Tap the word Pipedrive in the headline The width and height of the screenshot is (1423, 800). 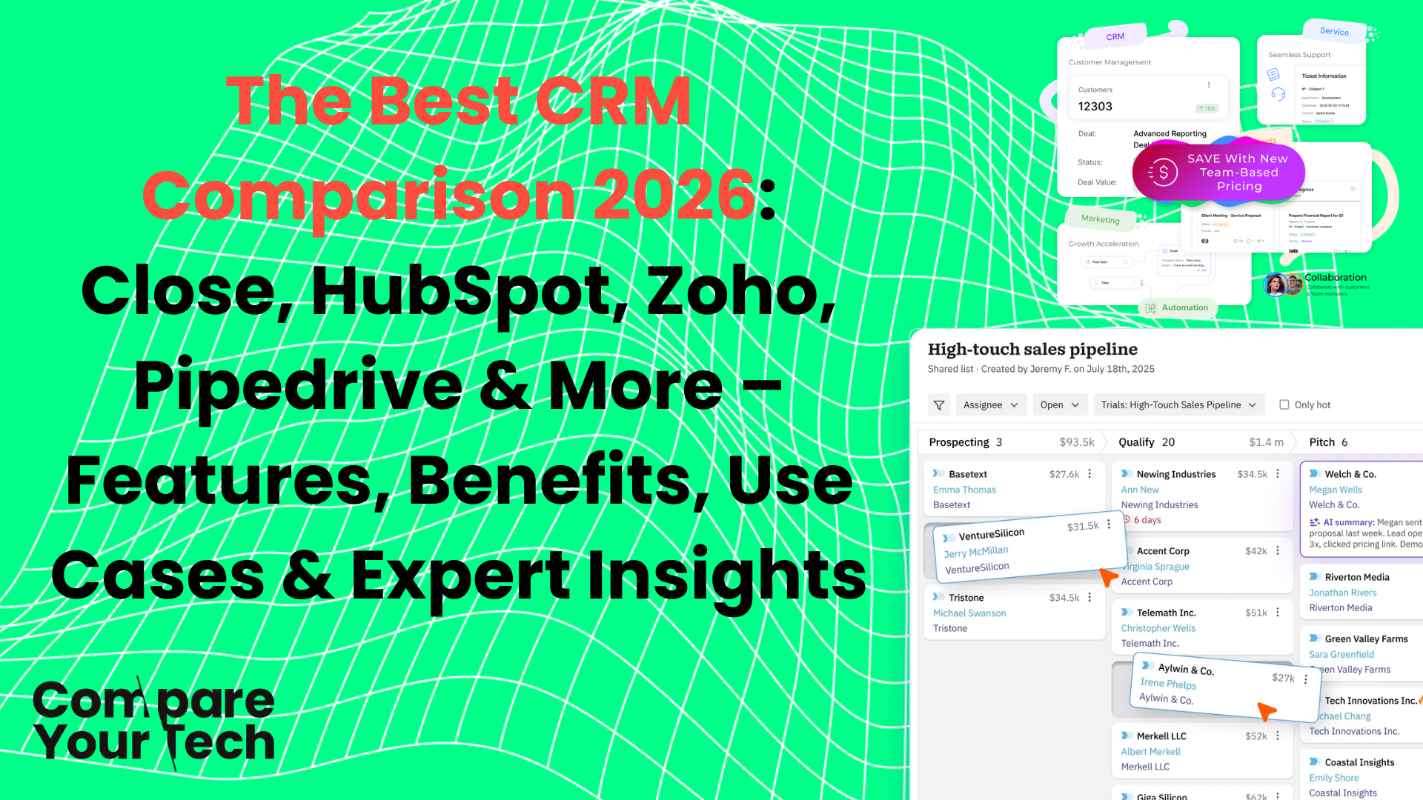(x=297, y=386)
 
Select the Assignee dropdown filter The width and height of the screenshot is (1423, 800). (x=990, y=405)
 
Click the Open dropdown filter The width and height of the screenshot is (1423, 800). (x=1059, y=405)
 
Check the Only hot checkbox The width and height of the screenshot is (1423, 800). (x=1284, y=405)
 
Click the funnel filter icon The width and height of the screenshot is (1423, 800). (x=939, y=405)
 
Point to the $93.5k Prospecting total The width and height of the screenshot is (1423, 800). (x=1076, y=442)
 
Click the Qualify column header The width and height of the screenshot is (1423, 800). (x=1136, y=442)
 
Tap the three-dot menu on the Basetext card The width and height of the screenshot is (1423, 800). (x=1089, y=474)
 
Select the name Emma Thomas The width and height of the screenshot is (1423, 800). (x=964, y=490)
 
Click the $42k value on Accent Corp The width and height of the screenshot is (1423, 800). (x=1256, y=551)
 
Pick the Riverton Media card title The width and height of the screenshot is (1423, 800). (x=1356, y=577)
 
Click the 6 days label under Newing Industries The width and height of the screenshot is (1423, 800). (x=1147, y=520)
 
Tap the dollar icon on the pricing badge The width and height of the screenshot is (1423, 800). (x=1163, y=173)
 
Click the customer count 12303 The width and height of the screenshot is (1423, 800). (x=1095, y=107)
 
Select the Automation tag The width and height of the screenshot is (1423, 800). (x=1184, y=308)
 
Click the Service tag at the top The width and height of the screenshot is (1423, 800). (x=1334, y=31)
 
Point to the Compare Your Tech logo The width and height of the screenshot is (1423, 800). (x=154, y=721)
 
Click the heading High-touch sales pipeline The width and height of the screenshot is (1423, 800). (x=1032, y=350)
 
